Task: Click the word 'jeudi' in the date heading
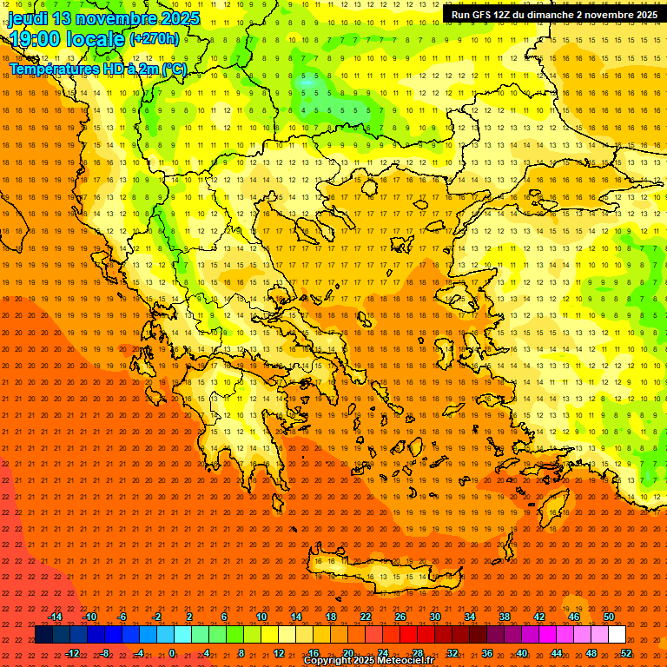[x=29, y=18]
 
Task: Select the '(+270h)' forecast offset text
[x=155, y=39]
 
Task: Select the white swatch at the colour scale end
[x=617, y=635]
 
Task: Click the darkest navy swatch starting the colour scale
[x=43, y=635]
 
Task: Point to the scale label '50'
[x=609, y=617]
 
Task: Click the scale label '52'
[x=626, y=653]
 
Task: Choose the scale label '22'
[x=366, y=617]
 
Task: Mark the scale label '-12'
[x=72, y=653]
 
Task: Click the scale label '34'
[x=470, y=617]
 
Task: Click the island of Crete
[x=382, y=573]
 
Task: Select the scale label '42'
[x=539, y=617]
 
